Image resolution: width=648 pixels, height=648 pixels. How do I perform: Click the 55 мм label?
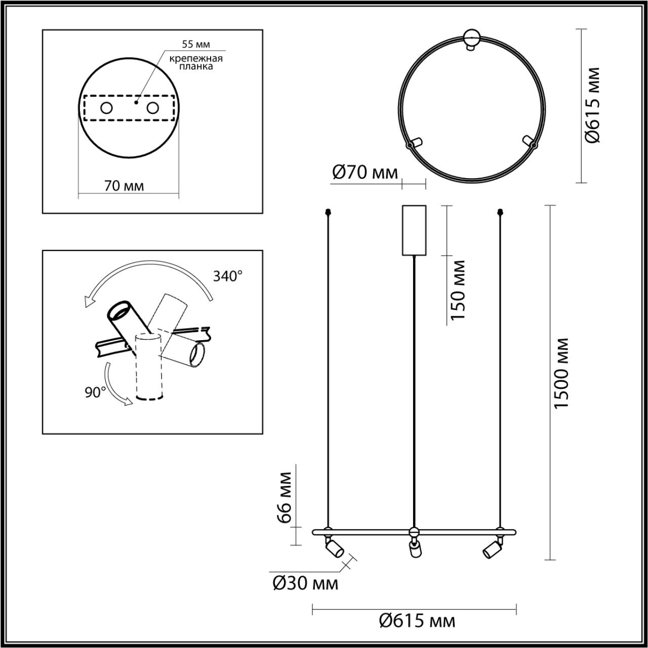tap(196, 44)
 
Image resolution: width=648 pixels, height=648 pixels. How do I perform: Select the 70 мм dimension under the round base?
tap(124, 186)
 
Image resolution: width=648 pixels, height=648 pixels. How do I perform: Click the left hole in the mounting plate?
tap(106, 108)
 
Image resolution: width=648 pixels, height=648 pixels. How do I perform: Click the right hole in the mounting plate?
tap(152, 108)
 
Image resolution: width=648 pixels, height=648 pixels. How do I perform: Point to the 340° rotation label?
tap(228, 276)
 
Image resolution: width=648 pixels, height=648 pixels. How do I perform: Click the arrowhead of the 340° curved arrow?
tap(90, 302)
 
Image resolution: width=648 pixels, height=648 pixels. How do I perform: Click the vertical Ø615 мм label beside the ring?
tap(592, 105)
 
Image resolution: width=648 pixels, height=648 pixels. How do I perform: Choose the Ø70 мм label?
tap(365, 173)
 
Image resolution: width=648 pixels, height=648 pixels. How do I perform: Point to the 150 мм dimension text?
tap(458, 290)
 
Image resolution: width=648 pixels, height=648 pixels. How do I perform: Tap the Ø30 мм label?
tap(305, 584)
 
